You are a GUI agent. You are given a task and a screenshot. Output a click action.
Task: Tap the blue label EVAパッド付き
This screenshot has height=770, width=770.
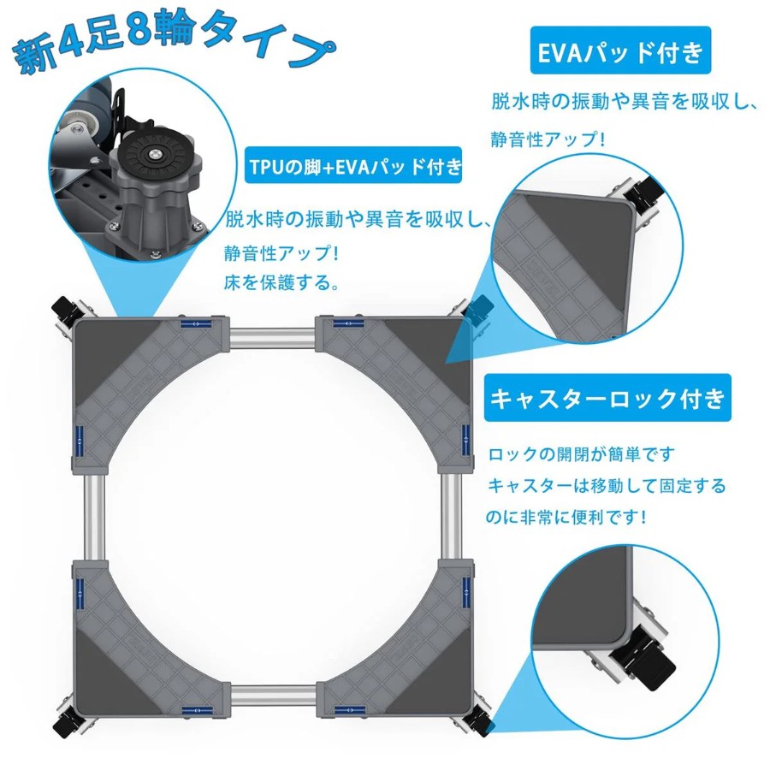620,50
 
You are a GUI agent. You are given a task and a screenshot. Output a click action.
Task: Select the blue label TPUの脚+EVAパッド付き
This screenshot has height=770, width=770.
353,166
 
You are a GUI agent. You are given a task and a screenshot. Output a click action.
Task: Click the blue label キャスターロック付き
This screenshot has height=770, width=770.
607,397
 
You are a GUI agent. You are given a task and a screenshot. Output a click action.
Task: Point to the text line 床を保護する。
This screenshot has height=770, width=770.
281,282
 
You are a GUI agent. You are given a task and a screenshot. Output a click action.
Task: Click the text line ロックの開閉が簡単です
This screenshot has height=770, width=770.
582,453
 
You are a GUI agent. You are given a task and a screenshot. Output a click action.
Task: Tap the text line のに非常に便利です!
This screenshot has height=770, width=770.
566,517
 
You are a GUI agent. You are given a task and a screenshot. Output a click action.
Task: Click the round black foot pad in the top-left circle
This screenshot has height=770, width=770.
155,156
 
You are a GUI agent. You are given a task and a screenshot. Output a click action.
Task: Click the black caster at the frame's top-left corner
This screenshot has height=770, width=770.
65,309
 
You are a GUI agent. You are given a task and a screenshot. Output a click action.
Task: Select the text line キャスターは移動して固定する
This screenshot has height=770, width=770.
607,486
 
